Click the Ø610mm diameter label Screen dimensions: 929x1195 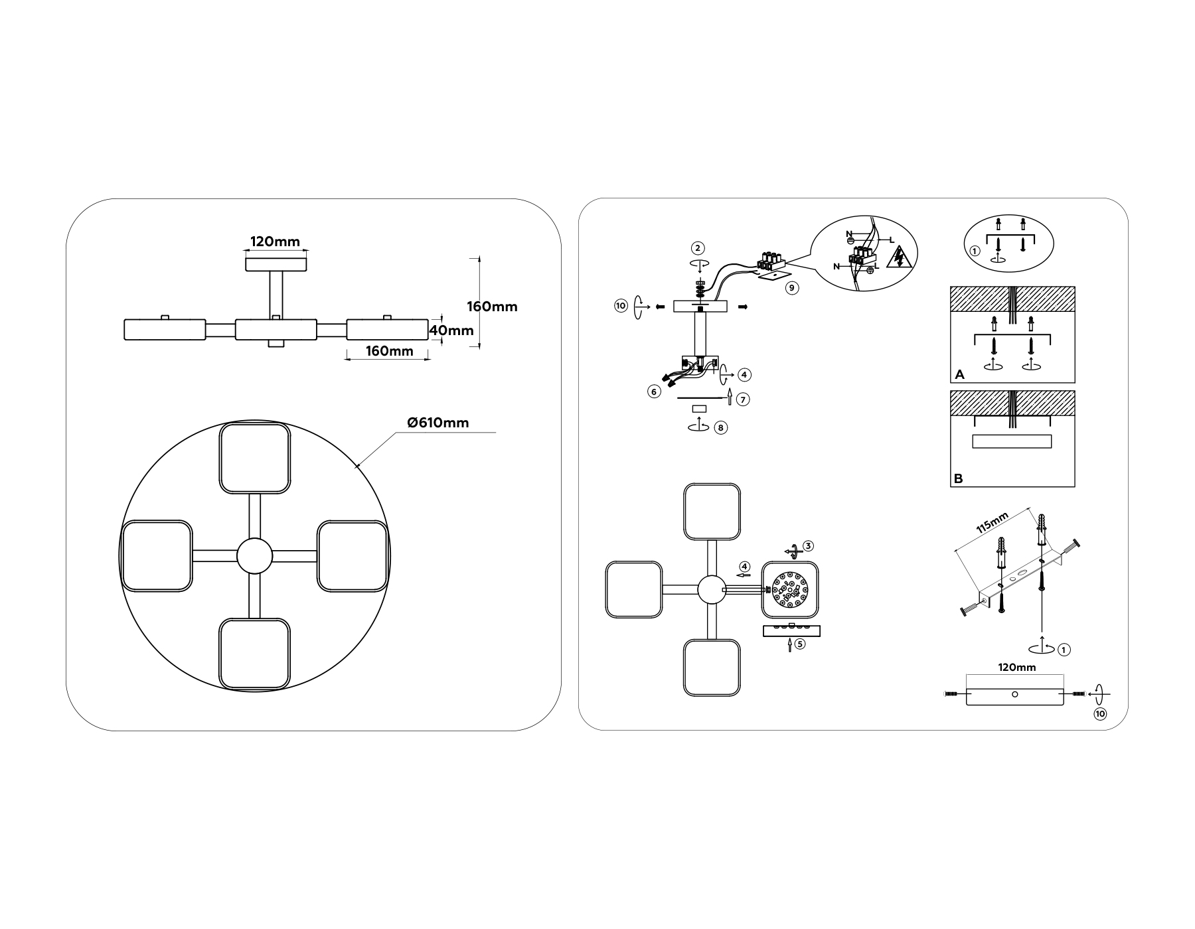438,423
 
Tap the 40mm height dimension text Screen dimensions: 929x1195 452,330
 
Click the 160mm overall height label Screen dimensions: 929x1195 492,307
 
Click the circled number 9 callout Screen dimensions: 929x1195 791,288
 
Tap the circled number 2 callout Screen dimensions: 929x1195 697,248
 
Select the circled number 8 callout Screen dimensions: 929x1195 721,427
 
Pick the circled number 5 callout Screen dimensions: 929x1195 800,644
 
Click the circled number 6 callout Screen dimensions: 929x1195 655,392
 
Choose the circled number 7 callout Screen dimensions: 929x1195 744,399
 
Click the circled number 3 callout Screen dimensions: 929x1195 808,546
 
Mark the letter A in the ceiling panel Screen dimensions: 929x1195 959,375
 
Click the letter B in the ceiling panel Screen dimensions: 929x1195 958,478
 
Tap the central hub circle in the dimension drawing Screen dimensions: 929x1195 255,556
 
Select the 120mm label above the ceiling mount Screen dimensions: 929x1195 275,242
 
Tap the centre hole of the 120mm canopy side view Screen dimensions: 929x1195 1014,694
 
